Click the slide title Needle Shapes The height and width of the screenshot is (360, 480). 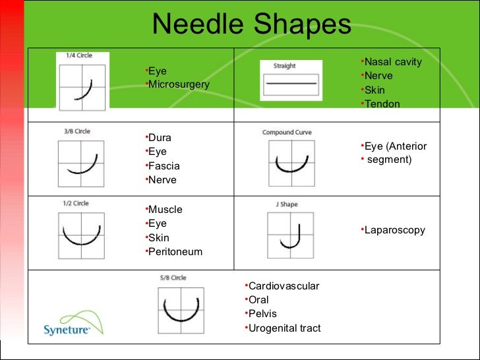click(x=251, y=25)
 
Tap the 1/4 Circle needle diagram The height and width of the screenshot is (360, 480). click(x=82, y=88)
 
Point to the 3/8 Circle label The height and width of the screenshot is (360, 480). click(x=77, y=131)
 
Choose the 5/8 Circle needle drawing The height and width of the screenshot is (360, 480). click(x=180, y=309)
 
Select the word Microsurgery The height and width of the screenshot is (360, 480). click(x=179, y=84)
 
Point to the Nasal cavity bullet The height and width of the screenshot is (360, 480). click(x=392, y=62)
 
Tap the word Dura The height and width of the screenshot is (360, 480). click(x=160, y=138)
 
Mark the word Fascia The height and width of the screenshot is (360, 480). click(x=164, y=166)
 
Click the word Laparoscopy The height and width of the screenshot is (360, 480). click(x=394, y=230)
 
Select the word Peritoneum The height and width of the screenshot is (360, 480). click(x=175, y=252)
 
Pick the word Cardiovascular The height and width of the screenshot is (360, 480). click(x=284, y=286)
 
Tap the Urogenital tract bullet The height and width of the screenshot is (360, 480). click(x=284, y=328)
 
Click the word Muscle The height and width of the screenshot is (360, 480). click(x=165, y=210)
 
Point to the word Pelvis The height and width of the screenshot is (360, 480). click(x=262, y=314)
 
